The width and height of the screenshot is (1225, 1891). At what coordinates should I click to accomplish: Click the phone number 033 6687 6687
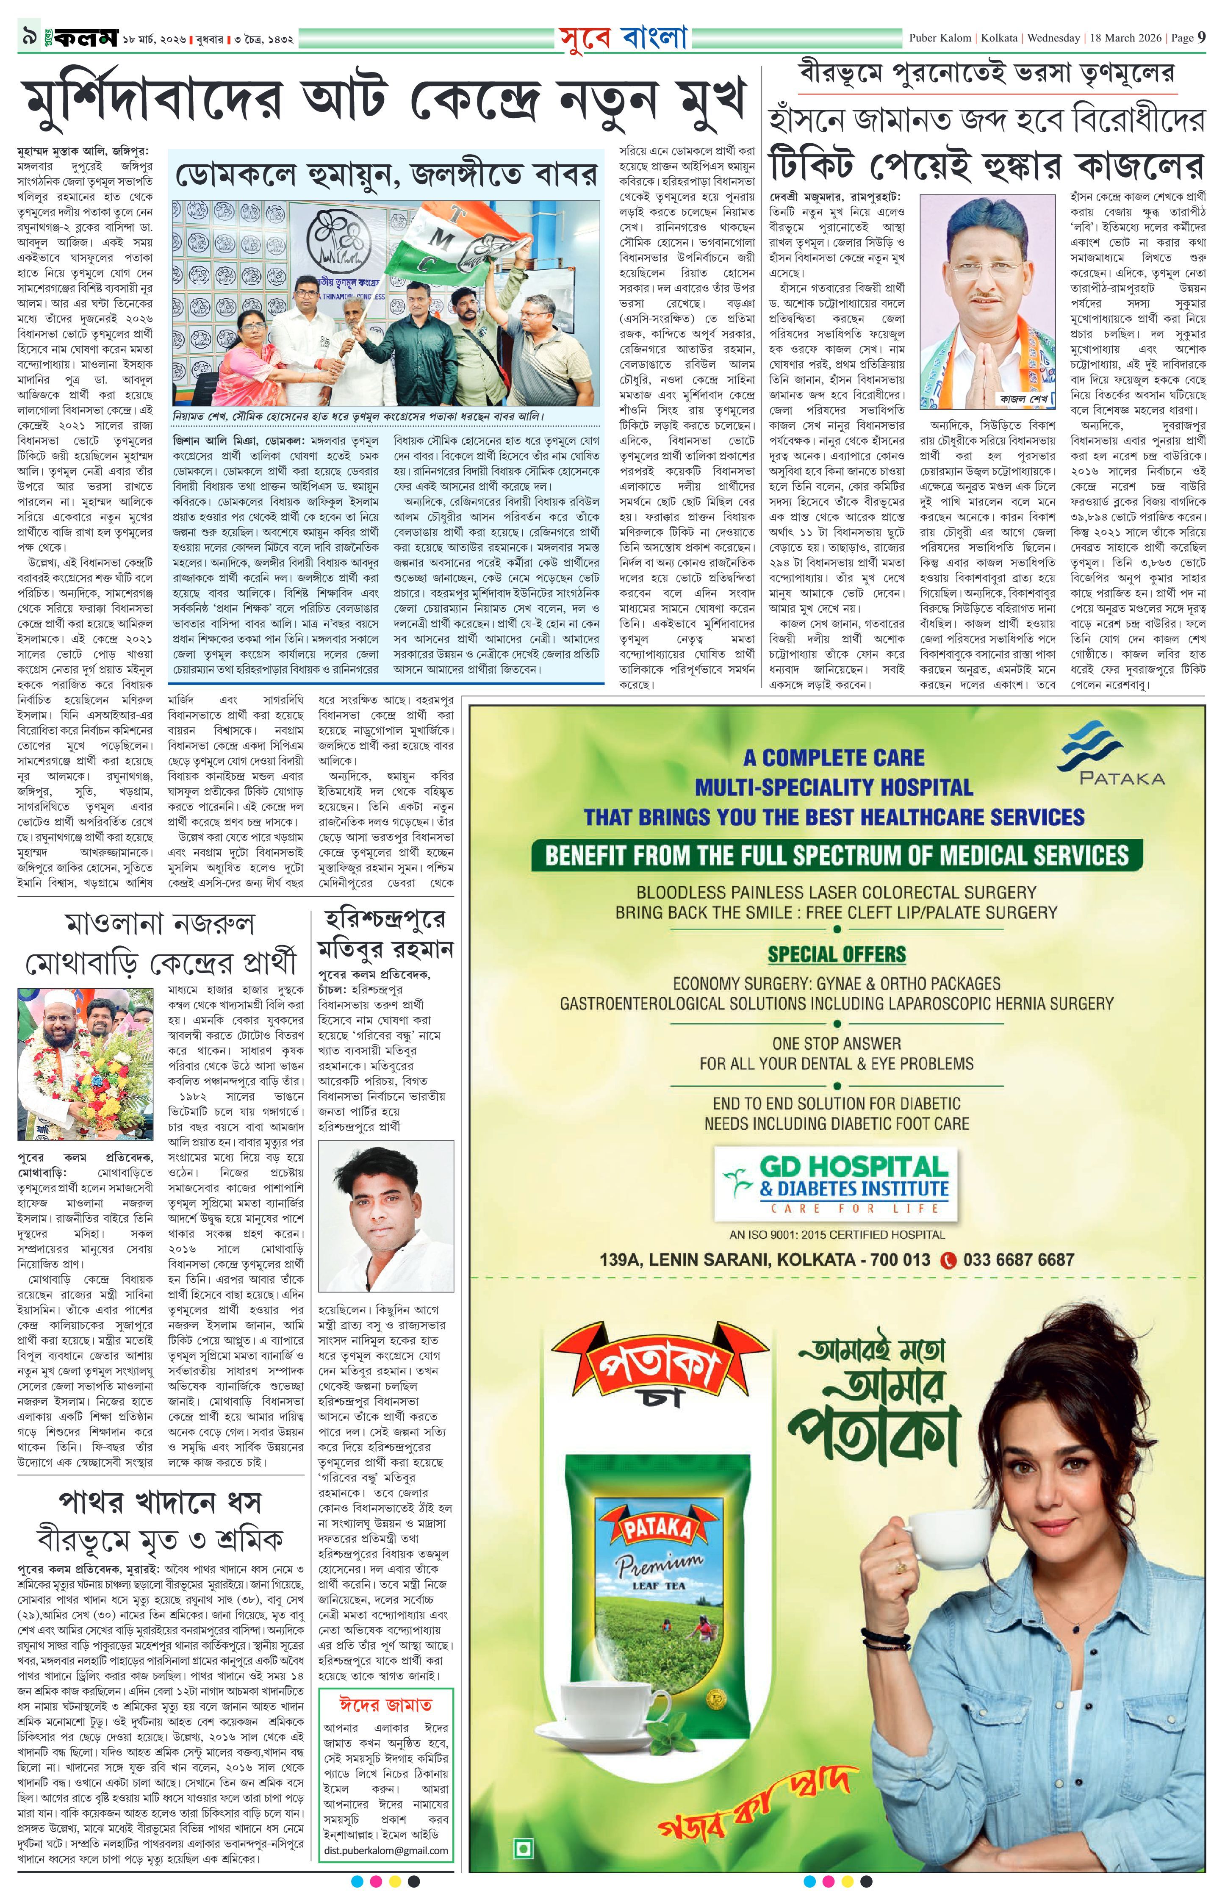[1017, 1259]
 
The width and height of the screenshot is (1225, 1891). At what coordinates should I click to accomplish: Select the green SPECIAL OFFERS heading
[836, 954]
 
